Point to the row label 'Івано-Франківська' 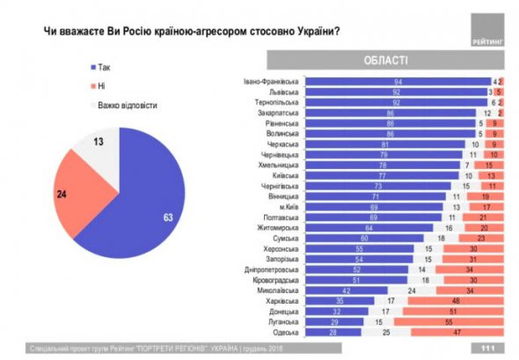coord(272,81)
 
